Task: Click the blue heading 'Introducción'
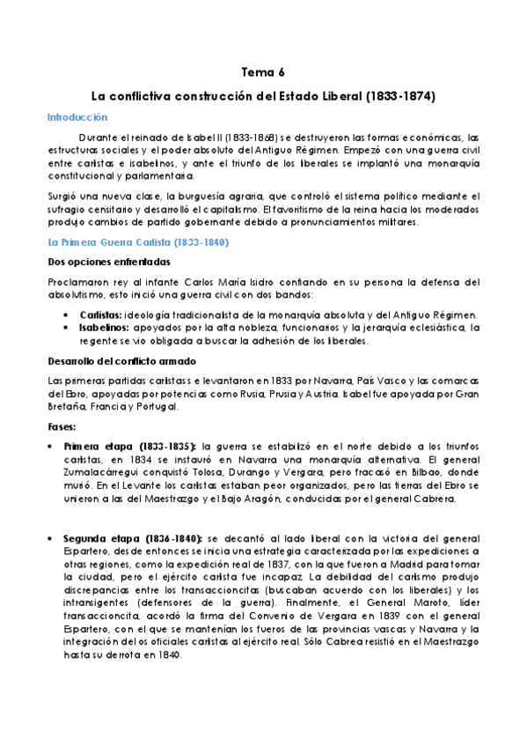click(77, 116)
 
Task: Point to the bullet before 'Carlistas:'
click(69, 314)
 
